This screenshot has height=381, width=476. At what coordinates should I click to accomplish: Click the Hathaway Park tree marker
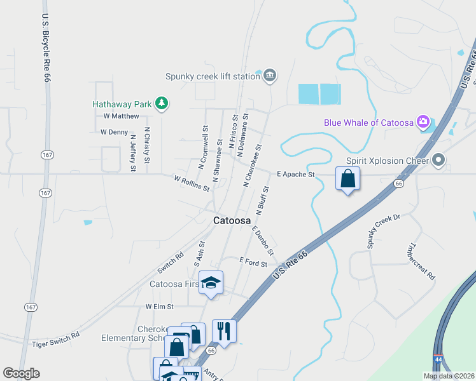click(x=162, y=103)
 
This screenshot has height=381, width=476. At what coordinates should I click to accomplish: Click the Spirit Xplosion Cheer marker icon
click(x=438, y=160)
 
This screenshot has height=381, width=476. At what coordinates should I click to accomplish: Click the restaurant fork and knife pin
click(x=224, y=331)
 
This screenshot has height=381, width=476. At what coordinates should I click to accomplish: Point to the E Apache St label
click(x=296, y=174)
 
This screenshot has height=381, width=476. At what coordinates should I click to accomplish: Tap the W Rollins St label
click(x=192, y=184)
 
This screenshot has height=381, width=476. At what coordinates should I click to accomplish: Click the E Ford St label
click(x=253, y=261)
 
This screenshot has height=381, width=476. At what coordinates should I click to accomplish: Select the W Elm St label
click(x=159, y=306)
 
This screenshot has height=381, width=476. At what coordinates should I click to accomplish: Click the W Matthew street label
click(x=121, y=116)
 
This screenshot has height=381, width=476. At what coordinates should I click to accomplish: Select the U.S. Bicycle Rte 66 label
click(x=46, y=48)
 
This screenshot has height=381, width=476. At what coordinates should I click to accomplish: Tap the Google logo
click(x=21, y=373)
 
